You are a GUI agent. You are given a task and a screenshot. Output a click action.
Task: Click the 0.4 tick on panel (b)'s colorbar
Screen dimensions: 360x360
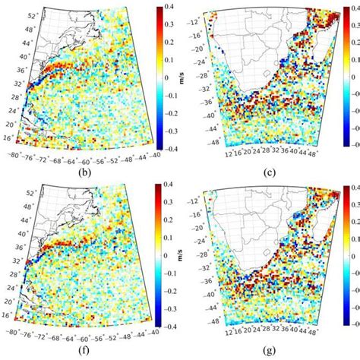coord(175,9)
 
